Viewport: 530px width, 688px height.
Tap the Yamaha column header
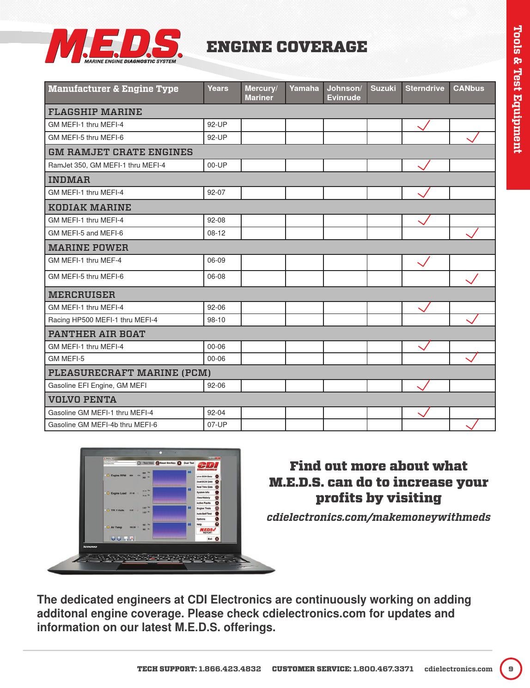coord(304,88)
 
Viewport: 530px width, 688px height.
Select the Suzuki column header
coord(383,88)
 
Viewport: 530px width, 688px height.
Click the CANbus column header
coord(469,88)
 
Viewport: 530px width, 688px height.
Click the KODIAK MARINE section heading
coord(90,207)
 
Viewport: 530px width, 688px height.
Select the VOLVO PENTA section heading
coord(82,399)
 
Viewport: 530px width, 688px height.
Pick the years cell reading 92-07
coord(216,193)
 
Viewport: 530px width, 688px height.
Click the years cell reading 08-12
coord(216,233)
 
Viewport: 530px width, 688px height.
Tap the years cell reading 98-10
coord(216,320)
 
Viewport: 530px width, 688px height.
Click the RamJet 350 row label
coord(107,165)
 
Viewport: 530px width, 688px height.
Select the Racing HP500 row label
coord(103,320)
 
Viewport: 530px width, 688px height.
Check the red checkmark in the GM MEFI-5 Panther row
coord(472,357)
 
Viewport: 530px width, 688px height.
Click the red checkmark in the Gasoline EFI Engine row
coord(424,385)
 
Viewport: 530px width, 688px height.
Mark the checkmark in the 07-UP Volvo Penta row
coord(472,424)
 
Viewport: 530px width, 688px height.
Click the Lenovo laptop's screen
coord(161,500)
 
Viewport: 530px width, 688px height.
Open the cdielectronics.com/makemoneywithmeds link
coord(378,517)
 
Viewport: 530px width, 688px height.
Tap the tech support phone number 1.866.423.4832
coord(230,669)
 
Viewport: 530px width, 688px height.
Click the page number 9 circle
coord(511,669)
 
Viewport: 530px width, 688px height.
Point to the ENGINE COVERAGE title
coord(286,47)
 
